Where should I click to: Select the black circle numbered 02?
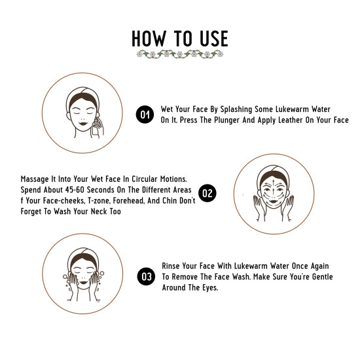(x=207, y=192)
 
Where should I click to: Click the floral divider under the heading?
(x=179, y=54)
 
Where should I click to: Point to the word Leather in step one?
(x=292, y=120)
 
